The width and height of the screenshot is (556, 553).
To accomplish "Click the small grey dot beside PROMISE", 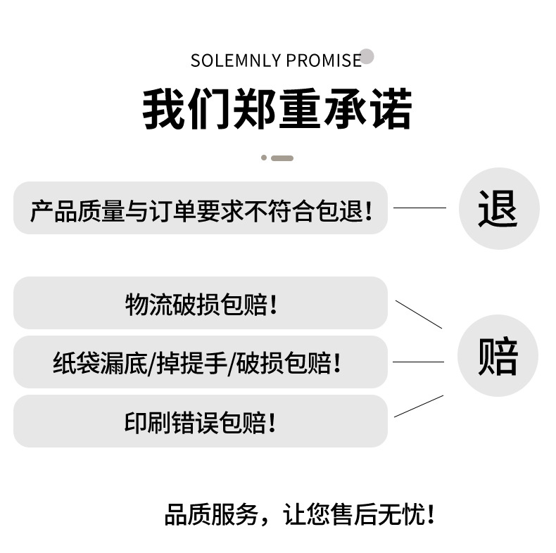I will [x=367, y=57].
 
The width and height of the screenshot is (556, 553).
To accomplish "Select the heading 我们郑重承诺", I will [x=277, y=109].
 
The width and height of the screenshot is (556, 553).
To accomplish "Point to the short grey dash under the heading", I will [x=282, y=158].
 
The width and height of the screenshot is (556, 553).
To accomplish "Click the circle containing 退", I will [x=498, y=208].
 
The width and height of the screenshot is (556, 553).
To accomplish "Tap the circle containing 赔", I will [x=498, y=355].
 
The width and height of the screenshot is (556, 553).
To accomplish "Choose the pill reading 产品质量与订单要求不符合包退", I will [x=201, y=208].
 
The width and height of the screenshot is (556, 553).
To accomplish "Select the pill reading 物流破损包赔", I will [x=201, y=303].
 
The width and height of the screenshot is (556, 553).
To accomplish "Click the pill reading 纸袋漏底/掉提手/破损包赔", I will [x=201, y=362].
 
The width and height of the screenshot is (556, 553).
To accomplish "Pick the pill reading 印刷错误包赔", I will [x=201, y=421].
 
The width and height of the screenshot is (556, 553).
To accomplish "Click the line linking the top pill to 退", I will [x=419, y=208].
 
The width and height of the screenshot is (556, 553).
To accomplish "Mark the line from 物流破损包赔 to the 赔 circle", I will [x=419, y=314].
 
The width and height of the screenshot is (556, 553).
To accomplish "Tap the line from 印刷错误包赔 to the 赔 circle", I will [x=419, y=407].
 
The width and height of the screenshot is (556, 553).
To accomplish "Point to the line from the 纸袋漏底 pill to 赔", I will [x=418, y=362].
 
